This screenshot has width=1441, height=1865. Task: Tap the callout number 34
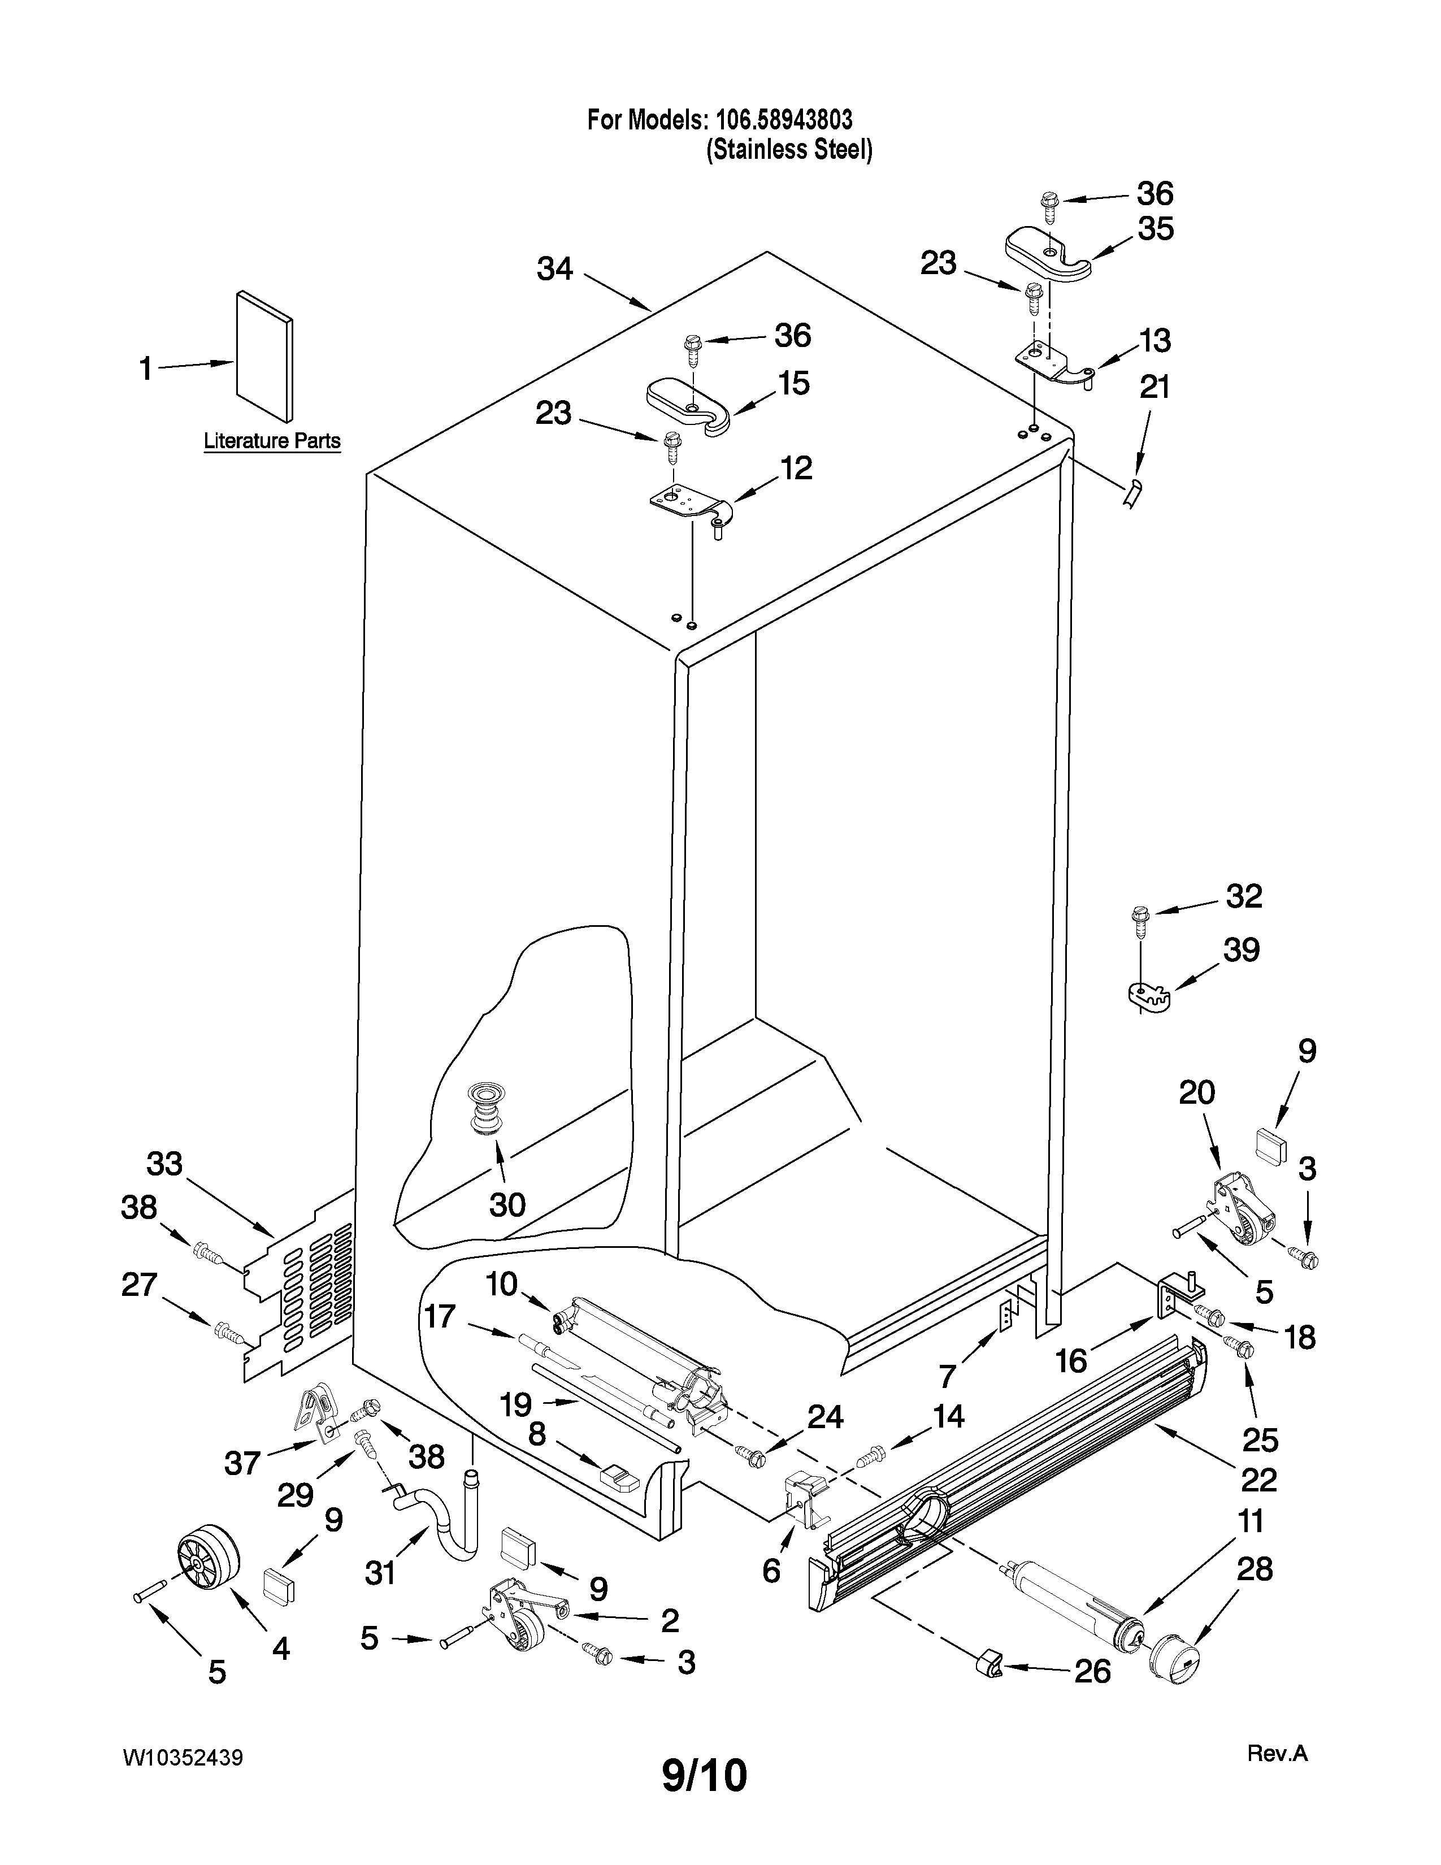coord(555,269)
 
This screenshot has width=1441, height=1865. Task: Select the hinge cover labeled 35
coord(1048,254)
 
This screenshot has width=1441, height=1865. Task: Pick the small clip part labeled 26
coord(988,1663)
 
